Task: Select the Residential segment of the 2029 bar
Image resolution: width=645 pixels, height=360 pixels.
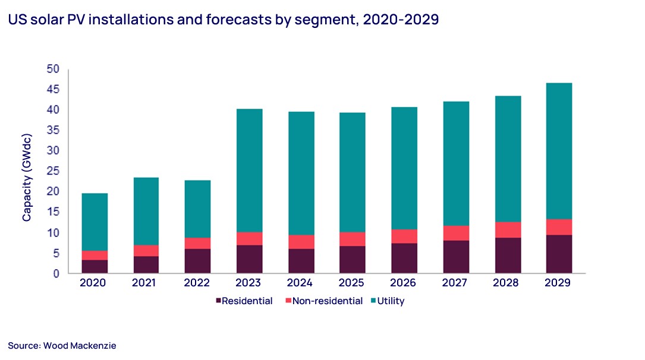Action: tap(558, 254)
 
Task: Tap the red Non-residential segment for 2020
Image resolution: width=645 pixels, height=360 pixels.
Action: tap(95, 255)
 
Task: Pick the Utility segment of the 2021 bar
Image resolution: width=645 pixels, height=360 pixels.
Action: tap(146, 211)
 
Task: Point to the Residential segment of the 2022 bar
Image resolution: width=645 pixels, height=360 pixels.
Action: tap(197, 261)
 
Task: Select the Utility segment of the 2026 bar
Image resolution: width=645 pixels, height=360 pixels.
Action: tap(404, 168)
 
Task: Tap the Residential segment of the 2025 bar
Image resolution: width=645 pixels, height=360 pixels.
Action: tap(352, 260)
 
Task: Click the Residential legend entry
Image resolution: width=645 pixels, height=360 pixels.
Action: tap(244, 301)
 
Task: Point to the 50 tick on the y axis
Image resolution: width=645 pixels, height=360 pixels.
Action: tap(54, 69)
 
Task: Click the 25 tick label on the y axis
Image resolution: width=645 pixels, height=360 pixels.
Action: tap(54, 171)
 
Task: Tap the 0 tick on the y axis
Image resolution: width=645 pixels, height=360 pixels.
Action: tap(56, 274)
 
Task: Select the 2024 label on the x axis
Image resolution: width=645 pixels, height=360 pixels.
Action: tap(300, 283)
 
